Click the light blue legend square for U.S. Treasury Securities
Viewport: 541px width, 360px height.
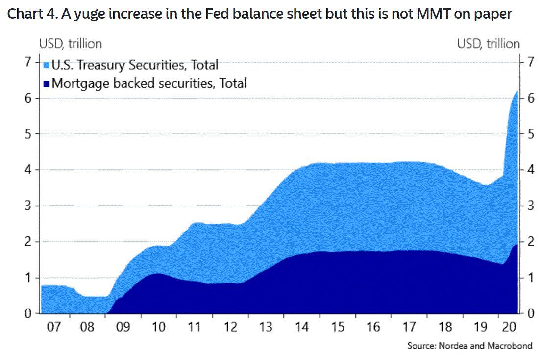pos(47,65)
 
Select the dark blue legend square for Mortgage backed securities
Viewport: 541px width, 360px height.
pos(47,84)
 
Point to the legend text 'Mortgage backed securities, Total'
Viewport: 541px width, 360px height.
pos(149,83)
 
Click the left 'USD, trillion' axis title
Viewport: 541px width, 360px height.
pos(71,44)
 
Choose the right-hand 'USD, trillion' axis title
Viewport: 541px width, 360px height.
pos(488,44)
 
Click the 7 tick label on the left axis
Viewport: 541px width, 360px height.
pos(28,62)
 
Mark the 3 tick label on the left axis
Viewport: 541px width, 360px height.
pos(28,206)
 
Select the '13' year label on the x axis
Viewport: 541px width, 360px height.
pos(267,327)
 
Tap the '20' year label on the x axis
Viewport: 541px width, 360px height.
pos(509,327)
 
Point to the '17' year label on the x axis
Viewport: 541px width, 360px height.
pos(409,327)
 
